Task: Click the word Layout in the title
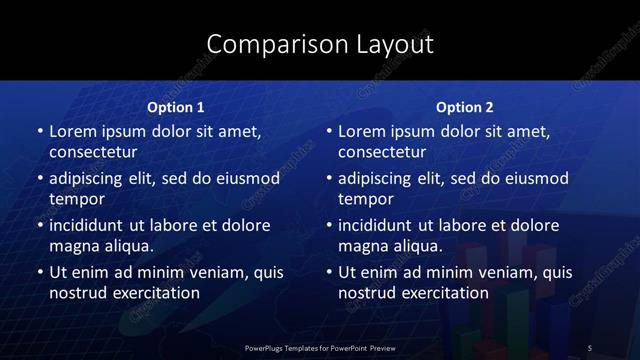point(395,44)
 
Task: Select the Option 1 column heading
point(176,107)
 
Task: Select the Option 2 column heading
point(465,107)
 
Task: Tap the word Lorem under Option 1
point(72,131)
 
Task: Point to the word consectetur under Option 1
point(93,153)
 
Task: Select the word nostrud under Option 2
point(371,293)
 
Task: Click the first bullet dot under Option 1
point(39,131)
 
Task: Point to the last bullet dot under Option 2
point(328,271)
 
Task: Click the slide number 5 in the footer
point(590,347)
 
